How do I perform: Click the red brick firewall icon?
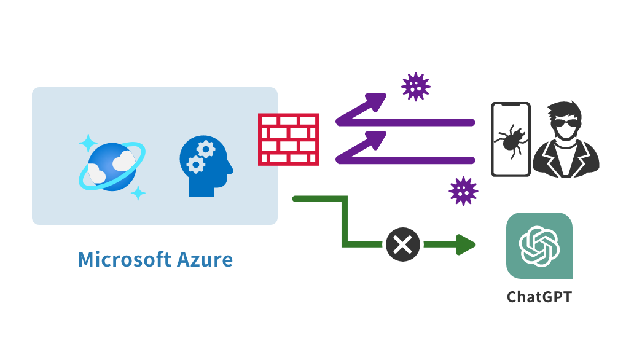288,139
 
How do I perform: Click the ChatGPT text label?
539,297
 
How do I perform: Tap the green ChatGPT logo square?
539,246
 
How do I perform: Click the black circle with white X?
403,246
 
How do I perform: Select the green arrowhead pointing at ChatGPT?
467,245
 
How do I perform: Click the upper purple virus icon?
415,87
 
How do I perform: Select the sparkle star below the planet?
138,192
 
